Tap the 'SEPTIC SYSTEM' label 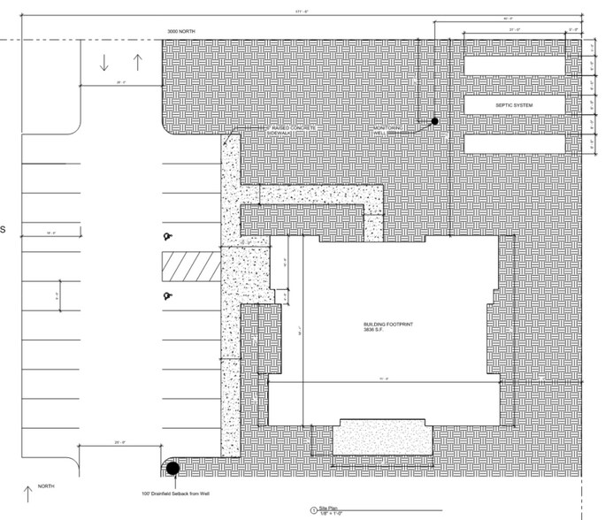[515, 105]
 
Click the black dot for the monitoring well [434, 121]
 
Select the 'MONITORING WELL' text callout [386, 133]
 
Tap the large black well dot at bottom [172, 468]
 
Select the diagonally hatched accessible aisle [189, 265]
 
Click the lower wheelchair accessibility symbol [165, 295]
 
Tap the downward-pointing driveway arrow [104, 63]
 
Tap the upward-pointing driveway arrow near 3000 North [137, 63]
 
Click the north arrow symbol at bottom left [27, 493]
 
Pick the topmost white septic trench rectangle [515, 66]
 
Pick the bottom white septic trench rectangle [515, 143]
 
